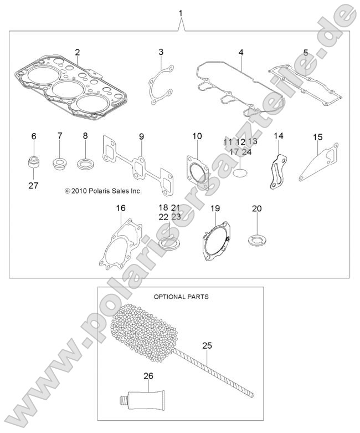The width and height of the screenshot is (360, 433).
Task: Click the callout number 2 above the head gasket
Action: click(x=78, y=53)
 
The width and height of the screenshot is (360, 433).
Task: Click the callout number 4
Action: click(x=241, y=53)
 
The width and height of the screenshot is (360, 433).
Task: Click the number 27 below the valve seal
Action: click(x=33, y=185)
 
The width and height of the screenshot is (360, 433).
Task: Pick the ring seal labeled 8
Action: click(x=86, y=164)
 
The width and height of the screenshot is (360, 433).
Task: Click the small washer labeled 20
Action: click(x=255, y=240)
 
